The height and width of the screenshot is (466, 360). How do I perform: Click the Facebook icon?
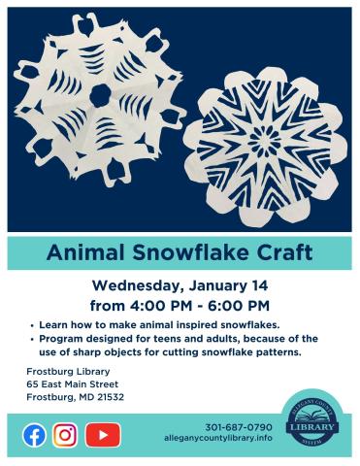[34, 435]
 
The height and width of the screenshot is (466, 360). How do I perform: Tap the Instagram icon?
[65, 435]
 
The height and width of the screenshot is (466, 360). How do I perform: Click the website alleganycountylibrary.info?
[218, 440]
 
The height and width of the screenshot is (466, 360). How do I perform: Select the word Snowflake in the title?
[183, 254]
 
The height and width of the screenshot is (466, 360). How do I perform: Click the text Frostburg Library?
[69, 373]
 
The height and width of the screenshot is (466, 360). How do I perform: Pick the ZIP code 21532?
[112, 398]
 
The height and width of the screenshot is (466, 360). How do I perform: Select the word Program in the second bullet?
[65, 338]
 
